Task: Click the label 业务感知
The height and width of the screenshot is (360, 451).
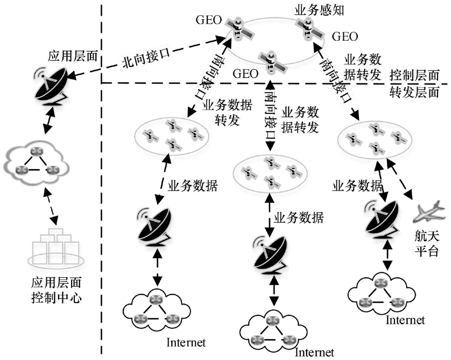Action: (x=316, y=9)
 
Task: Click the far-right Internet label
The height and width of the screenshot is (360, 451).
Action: (x=405, y=320)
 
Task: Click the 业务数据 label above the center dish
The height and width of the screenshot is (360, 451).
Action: (x=299, y=217)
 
